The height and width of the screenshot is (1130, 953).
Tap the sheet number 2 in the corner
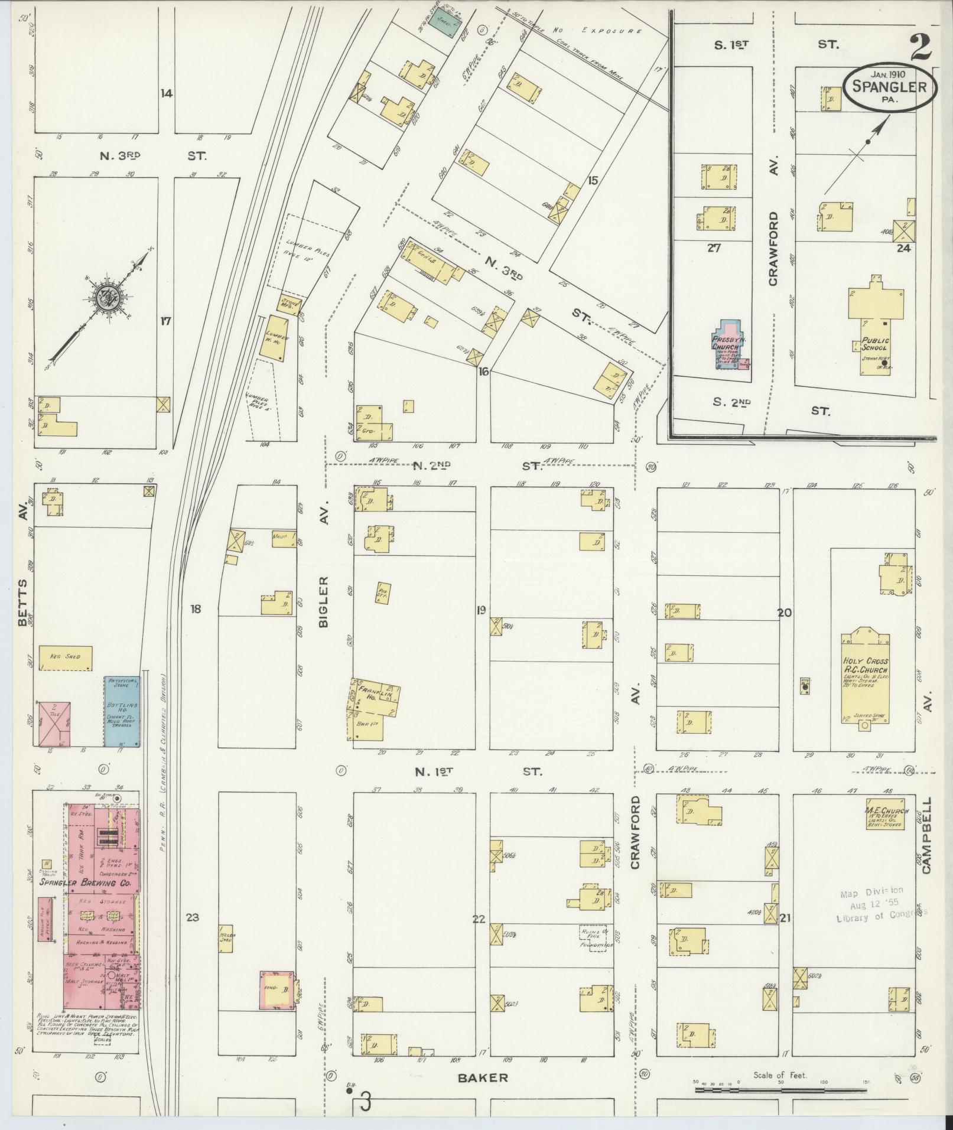pos(922,47)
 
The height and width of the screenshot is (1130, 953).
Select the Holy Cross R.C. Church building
pos(866,679)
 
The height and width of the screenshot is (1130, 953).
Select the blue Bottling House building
pos(123,711)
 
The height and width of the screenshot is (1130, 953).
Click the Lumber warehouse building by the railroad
pos(277,338)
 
